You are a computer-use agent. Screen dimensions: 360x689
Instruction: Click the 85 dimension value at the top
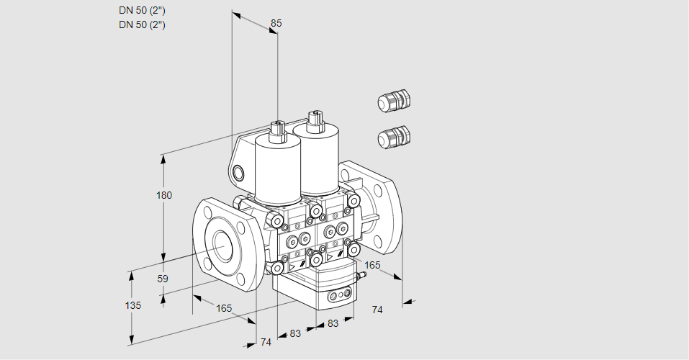pos(276,23)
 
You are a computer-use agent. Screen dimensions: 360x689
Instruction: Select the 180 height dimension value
pos(165,196)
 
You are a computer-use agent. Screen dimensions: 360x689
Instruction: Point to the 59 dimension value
pos(163,279)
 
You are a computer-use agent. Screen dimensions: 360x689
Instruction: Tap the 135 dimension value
pos(133,305)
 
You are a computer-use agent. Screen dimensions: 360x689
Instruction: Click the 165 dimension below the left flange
pos(224,308)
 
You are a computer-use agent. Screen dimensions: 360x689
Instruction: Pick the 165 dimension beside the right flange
pos(372,266)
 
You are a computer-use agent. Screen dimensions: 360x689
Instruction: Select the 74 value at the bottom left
pos(266,342)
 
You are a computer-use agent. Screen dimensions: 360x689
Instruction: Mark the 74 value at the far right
pos(377,310)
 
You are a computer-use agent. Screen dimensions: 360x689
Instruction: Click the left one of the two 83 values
pos(295,333)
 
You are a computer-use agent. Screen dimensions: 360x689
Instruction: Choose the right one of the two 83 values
pos(333,324)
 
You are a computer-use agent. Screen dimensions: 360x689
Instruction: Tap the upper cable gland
pos(393,101)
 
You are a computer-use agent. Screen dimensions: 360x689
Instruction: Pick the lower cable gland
pos(393,137)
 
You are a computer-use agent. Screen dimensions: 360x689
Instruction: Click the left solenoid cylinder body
pos(277,170)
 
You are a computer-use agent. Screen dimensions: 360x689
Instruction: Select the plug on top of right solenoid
pos(314,120)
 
